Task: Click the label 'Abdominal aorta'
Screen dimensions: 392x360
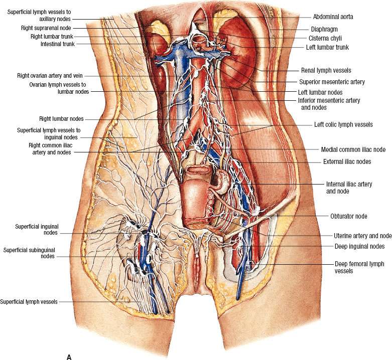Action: pos(333,17)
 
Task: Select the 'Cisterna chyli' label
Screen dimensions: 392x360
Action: pos(325,38)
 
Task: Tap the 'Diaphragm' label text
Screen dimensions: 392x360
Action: pos(324,29)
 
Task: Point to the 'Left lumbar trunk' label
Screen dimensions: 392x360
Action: pos(327,47)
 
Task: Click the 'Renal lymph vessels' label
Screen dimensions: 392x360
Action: pos(326,70)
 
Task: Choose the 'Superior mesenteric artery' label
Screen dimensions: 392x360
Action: pos(332,82)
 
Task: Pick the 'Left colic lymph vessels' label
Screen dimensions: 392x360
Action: pos(343,124)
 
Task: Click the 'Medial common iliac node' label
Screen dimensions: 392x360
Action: pos(353,149)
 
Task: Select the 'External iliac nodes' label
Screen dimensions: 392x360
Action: pos(347,161)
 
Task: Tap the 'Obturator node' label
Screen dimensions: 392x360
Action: pos(349,216)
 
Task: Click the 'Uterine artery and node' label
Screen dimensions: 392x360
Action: pos(362,236)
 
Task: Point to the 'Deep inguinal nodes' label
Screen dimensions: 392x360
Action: pos(359,246)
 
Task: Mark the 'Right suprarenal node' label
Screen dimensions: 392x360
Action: pos(46,28)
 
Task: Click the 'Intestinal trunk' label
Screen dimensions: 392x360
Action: pos(58,44)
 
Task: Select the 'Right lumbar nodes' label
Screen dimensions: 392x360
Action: pos(61,119)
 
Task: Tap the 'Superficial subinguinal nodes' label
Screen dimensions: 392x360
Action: pos(29,253)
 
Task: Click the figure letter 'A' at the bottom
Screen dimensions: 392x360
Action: pos(69,357)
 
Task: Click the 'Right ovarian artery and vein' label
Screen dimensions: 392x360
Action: pos(50,75)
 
